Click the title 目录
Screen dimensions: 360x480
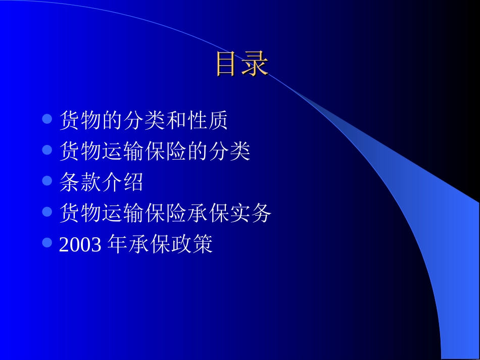(x=241, y=64)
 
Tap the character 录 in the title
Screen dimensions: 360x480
(x=255, y=64)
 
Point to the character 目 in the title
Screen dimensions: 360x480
(x=227, y=64)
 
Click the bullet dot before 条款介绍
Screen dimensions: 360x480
(x=47, y=181)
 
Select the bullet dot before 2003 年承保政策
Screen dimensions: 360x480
(x=47, y=243)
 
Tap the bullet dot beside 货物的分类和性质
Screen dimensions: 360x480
(x=47, y=119)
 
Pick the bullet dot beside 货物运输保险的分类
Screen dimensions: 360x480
(x=47, y=150)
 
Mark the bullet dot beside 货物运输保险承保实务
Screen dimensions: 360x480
(x=47, y=212)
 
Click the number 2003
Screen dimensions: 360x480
(x=81, y=244)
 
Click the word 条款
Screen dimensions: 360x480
(x=80, y=182)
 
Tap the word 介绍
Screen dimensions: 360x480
(x=123, y=182)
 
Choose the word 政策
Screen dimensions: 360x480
(x=193, y=244)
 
